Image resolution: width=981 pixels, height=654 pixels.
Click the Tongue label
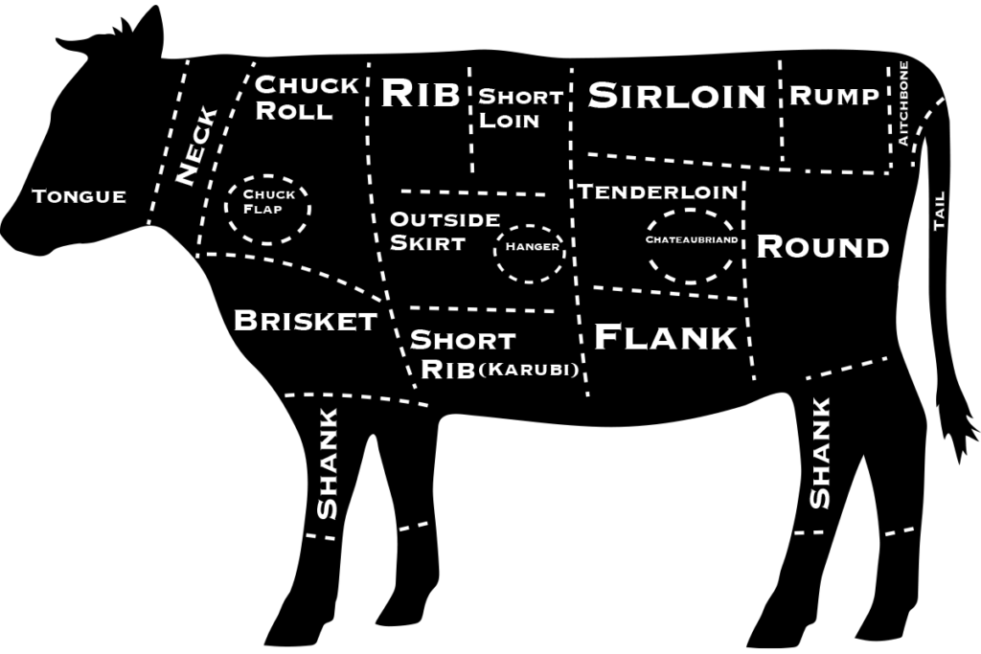coord(79,196)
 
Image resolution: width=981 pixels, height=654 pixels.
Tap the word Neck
coord(196,146)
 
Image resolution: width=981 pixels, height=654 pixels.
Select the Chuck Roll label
coord(307,98)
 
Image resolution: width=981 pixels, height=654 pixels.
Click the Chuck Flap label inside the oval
coord(268,202)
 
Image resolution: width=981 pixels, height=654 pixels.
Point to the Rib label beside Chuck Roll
coord(421,94)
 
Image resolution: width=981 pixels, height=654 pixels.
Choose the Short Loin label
coord(520,108)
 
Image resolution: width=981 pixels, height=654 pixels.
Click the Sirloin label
coord(676,96)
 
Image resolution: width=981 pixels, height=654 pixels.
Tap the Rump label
coord(833,96)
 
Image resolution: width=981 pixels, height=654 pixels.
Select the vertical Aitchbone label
coord(902,103)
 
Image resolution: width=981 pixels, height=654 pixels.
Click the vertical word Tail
coord(939,211)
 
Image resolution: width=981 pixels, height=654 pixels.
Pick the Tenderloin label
coord(658,192)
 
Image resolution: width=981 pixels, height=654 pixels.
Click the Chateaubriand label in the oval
coord(692,239)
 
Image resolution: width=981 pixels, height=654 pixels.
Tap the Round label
coord(823,247)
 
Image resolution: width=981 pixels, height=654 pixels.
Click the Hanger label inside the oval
coord(532,246)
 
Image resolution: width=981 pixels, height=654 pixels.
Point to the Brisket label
coord(306,321)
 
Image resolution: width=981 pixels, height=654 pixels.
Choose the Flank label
coord(666,337)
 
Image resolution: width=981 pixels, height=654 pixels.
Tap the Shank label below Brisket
coord(328,463)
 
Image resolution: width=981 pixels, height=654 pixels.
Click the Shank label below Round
coord(820,453)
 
